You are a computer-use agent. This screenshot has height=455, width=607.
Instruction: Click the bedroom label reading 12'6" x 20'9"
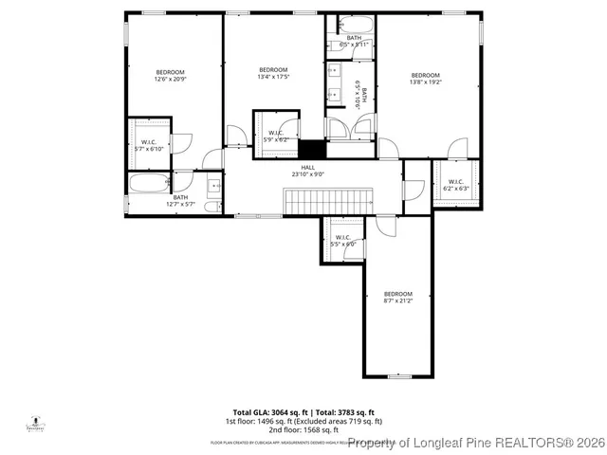171,77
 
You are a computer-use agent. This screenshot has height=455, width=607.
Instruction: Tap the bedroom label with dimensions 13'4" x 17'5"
273,74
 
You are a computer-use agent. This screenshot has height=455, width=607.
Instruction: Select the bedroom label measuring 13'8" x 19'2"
425,80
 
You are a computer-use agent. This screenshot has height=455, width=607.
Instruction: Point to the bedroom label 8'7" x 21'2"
398,298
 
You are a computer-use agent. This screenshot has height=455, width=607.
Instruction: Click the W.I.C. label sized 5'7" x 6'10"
149,145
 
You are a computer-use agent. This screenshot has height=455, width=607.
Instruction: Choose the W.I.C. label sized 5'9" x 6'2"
277,136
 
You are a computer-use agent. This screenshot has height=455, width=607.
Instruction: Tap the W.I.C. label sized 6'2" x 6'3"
455,185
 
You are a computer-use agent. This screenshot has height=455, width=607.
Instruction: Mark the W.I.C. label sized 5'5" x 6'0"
342,241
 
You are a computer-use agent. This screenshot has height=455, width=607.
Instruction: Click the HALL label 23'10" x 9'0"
308,171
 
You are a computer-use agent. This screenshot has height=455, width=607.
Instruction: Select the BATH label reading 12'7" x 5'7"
179,200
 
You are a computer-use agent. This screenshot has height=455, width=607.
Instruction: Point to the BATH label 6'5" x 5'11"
353,41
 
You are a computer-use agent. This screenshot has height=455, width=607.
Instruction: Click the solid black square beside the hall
311,149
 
